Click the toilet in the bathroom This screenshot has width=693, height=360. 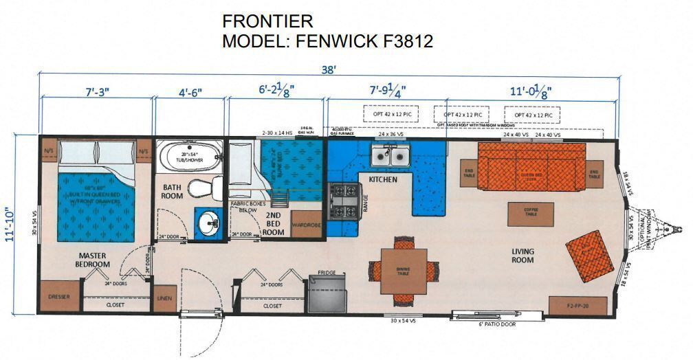pyautogui.click(x=203, y=188)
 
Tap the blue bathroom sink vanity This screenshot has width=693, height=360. pyautogui.click(x=209, y=223)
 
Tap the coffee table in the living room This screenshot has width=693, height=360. pyautogui.click(x=530, y=214)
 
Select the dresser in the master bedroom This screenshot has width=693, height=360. pyautogui.click(x=59, y=297)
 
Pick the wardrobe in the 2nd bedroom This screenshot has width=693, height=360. pyautogui.click(x=306, y=223)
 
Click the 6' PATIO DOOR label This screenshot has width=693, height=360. pyautogui.click(x=496, y=323)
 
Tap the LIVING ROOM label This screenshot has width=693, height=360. pyautogui.click(x=522, y=255)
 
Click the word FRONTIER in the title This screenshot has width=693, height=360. pyautogui.click(x=267, y=21)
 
